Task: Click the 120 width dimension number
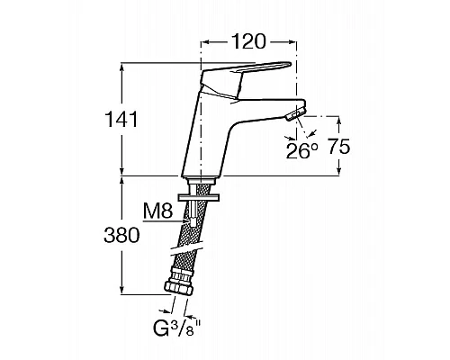point(249,42)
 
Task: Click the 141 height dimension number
point(121,120)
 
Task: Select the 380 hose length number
point(121,235)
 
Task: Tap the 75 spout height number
point(339,147)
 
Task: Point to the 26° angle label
point(301,150)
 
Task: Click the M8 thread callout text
point(157,211)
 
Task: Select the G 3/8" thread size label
point(177,328)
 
